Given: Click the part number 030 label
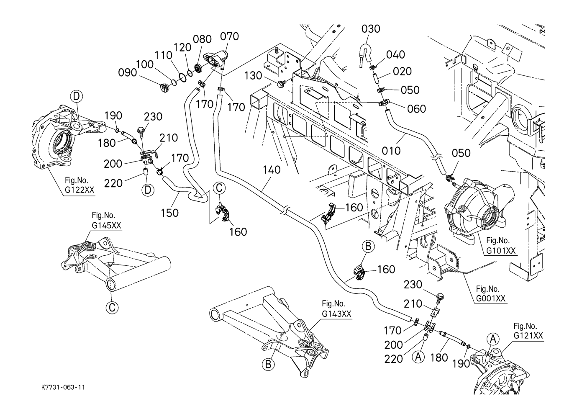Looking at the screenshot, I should click(371, 28).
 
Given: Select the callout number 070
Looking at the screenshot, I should click(230, 36).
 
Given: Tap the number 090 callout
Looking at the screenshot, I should click(127, 72).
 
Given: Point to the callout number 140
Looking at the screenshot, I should click(272, 170).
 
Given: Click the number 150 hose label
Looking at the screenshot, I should click(169, 213).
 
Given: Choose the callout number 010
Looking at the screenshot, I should click(391, 150).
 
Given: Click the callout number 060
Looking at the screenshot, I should click(416, 109).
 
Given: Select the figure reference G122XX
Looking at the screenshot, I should click(79, 190).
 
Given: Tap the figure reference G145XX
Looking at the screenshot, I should click(106, 225).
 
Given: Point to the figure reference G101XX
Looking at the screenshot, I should click(500, 251).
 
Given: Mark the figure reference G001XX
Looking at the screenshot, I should click(491, 298).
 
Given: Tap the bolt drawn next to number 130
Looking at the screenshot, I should click(280, 85).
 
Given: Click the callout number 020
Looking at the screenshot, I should click(403, 71).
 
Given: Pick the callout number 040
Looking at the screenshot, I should click(395, 54).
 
